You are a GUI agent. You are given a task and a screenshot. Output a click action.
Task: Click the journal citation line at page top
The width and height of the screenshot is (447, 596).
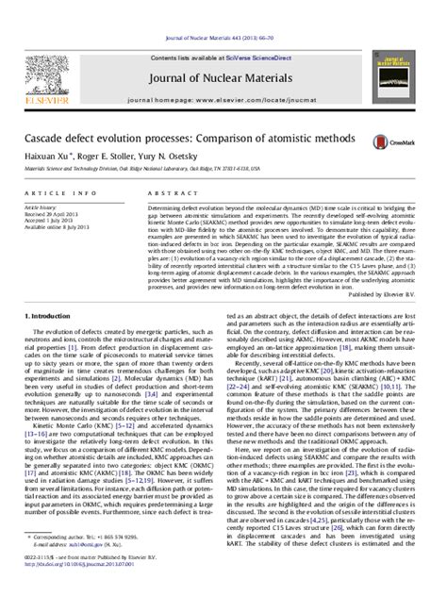[x=223, y=9]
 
